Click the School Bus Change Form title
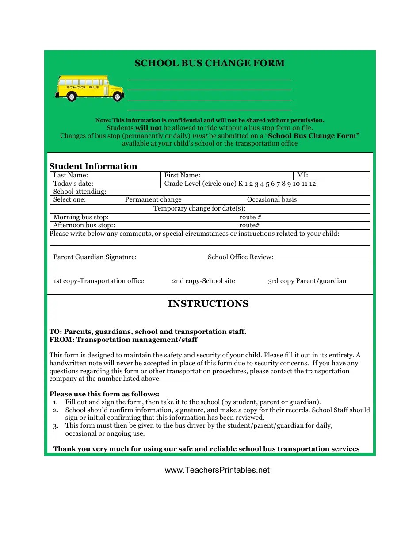pyautogui.click(x=210, y=63)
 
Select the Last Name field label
pyautogui.click(x=71, y=176)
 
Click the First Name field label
pyautogui.click(x=182, y=176)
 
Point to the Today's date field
pyautogui.click(x=73, y=184)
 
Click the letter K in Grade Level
pyautogui.click(x=241, y=184)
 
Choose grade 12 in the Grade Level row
pyautogui.click(x=313, y=184)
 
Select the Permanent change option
pyautogui.click(x=153, y=199)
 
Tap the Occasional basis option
pyautogui.click(x=272, y=199)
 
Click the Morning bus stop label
pyautogui.click(x=81, y=217)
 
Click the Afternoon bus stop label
pyautogui.click(x=84, y=225)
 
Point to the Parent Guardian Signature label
pyautogui.click(x=95, y=257)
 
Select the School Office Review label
pyautogui.click(x=241, y=257)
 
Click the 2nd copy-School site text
pyautogui.click(x=203, y=281)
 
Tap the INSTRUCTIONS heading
pyautogui.click(x=208, y=304)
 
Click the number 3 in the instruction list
pyautogui.click(x=55, y=425)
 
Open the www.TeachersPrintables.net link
pyautogui.click(x=217, y=470)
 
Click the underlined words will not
pyautogui.click(x=149, y=128)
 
